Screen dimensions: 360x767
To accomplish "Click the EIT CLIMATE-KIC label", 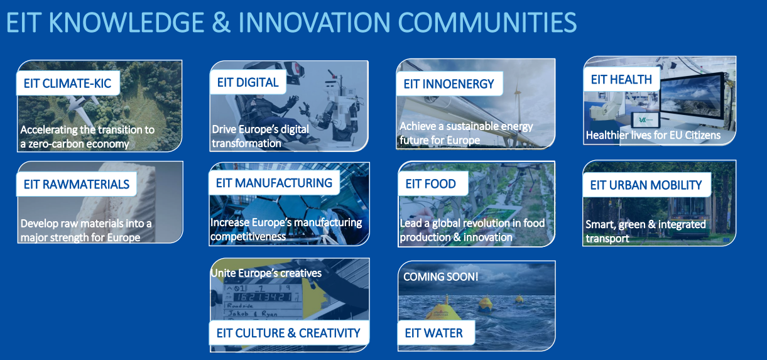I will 67,83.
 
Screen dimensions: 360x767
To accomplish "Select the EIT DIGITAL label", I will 248,82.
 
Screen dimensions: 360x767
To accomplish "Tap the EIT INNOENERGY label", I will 449,84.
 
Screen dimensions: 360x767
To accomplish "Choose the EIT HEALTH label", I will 621,80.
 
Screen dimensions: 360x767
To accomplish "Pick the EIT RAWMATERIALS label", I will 76,184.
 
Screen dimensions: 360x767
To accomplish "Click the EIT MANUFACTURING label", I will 274,183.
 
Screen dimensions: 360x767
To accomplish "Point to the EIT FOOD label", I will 430,184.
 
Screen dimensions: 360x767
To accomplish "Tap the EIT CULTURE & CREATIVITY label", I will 288,333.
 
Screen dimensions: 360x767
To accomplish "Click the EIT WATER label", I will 433,333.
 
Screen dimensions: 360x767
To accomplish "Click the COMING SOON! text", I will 441,277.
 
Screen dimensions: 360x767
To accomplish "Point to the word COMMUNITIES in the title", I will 487,23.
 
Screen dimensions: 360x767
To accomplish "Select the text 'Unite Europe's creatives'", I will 266,273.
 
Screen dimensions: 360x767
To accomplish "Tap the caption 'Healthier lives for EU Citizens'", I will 653,135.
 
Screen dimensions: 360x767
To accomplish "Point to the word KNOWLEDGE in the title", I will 127,23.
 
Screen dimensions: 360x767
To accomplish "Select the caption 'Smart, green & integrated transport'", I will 645,231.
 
